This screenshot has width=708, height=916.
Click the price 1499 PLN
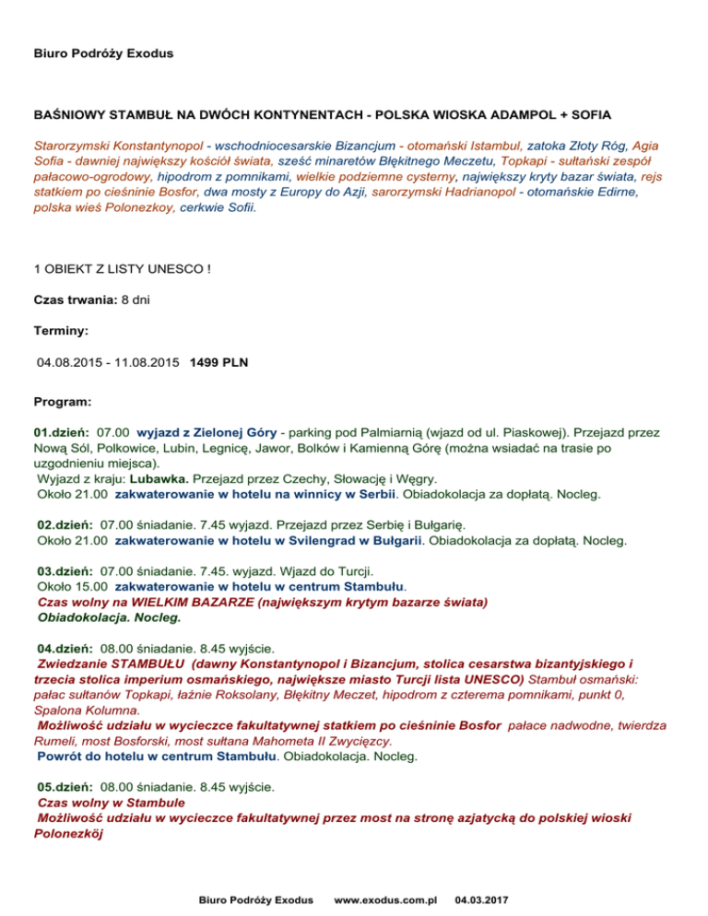(218, 362)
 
